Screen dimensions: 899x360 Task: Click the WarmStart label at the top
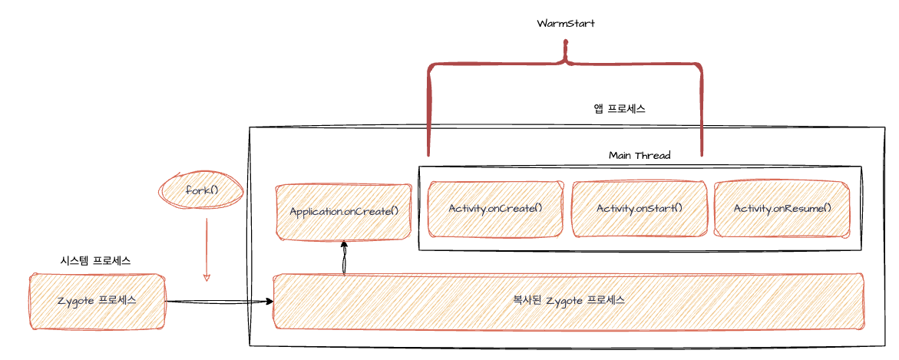(x=566, y=23)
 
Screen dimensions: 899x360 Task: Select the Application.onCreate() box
(x=344, y=211)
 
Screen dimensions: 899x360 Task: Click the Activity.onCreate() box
(x=495, y=208)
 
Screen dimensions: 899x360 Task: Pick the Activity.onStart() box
(x=639, y=208)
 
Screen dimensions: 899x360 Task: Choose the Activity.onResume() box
(x=782, y=208)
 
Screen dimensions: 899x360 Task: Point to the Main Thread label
(x=639, y=155)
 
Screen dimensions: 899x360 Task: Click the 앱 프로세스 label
(x=619, y=109)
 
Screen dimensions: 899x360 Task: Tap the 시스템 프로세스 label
(x=95, y=260)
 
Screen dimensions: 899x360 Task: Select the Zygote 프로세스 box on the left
(x=97, y=300)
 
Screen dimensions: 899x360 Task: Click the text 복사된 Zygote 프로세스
(x=568, y=300)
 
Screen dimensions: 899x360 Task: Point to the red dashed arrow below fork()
(x=206, y=246)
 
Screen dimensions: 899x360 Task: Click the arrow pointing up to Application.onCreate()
(x=344, y=258)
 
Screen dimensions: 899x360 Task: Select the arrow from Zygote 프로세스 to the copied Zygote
(x=220, y=301)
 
